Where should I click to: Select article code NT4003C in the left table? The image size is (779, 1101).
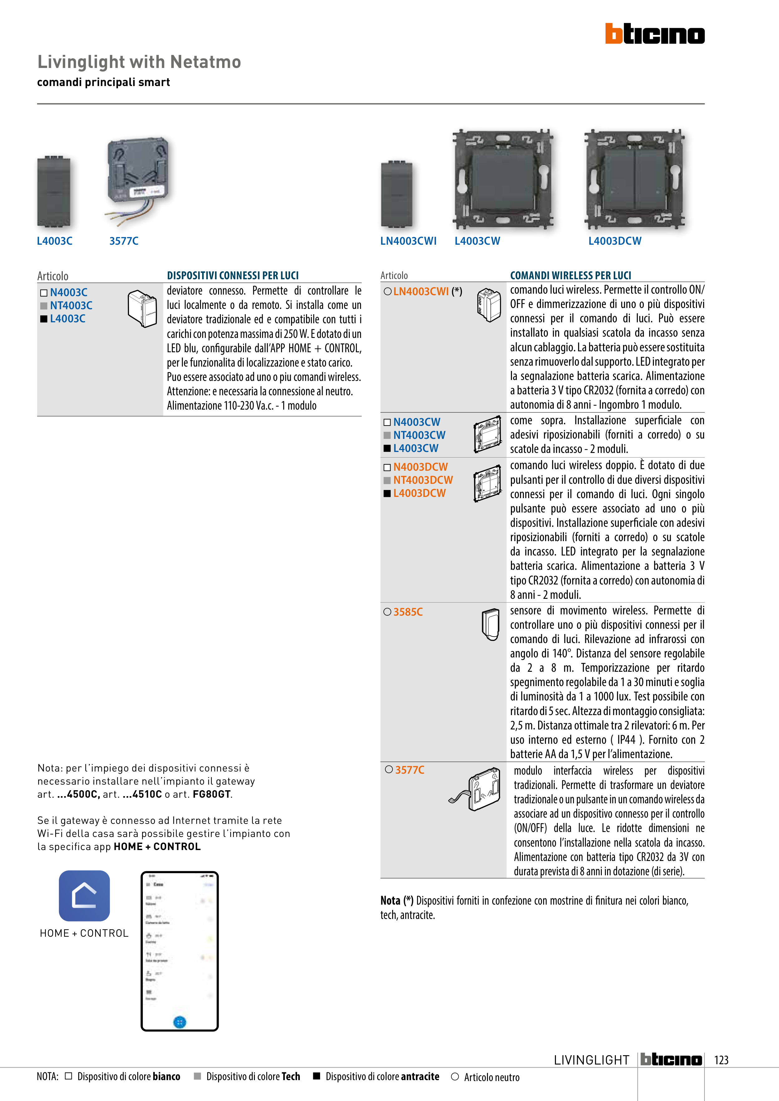click(x=71, y=305)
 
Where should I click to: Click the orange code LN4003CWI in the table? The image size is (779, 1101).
click(x=421, y=291)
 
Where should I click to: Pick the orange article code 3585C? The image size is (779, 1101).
click(x=408, y=612)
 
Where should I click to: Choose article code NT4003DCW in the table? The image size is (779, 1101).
click(x=423, y=480)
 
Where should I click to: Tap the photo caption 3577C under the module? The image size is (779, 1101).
click(x=124, y=241)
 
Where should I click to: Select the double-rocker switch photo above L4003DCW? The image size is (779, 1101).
click(x=634, y=179)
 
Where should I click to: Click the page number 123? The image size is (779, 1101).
click(x=721, y=1060)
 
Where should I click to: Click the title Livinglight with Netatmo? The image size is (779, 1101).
click(x=139, y=62)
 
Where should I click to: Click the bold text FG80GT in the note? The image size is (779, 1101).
click(x=212, y=794)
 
